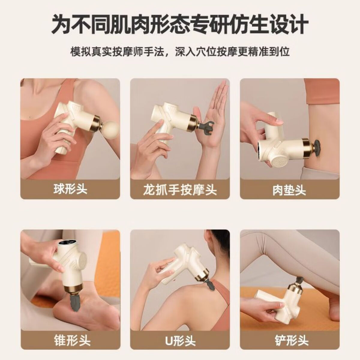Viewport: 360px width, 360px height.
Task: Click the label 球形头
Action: tap(70, 190)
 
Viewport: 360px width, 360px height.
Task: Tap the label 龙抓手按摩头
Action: tap(180, 190)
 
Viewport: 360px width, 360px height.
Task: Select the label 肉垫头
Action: tap(289, 190)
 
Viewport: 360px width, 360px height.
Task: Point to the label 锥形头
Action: tap(70, 340)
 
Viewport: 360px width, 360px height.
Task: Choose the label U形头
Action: tap(180, 340)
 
